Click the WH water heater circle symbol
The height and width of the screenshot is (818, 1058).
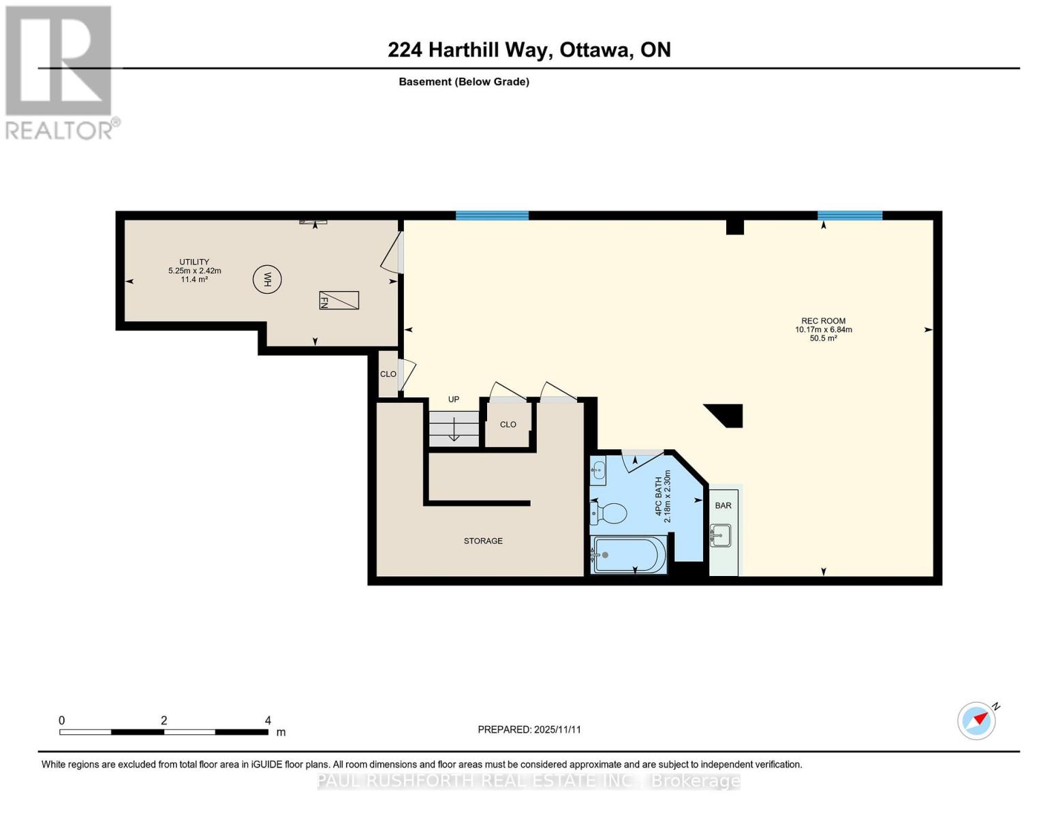coord(267,279)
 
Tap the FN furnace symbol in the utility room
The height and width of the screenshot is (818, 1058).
coord(339,300)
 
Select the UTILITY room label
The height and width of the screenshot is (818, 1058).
coord(194,262)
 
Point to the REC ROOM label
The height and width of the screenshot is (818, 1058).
coord(823,321)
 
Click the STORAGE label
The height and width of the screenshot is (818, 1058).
coord(483,541)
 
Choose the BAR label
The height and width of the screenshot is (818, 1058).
coord(723,506)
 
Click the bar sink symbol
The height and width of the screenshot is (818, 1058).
coord(720,535)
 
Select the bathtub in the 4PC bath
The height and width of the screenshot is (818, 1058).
coord(628,555)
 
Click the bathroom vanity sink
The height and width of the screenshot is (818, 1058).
coord(598,470)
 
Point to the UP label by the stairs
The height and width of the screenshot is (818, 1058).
coord(454,399)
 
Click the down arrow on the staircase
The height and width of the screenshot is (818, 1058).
coord(454,429)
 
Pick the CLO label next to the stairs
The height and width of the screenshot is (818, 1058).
coord(508,425)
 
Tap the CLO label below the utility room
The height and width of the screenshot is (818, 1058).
coord(388,374)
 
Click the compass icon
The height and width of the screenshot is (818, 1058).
coord(977,720)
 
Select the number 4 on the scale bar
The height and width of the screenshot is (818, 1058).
coord(268,721)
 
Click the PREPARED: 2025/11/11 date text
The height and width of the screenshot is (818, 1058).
coord(529,729)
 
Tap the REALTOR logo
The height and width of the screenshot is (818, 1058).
coord(59,72)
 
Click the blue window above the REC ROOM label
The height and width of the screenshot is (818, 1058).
coord(850,215)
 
